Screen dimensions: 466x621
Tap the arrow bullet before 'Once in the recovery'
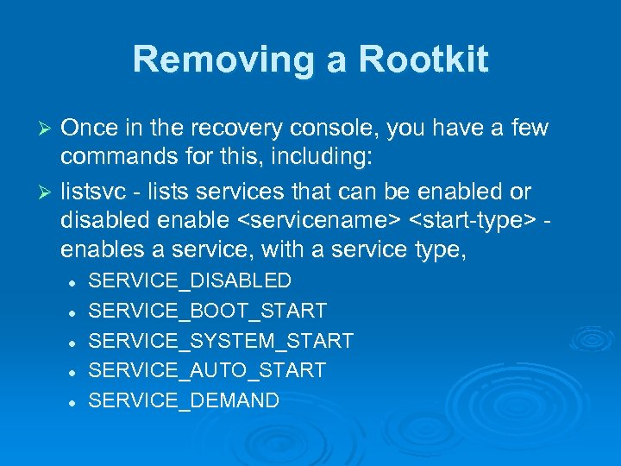point(47,129)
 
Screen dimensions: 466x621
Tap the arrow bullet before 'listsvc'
point(47,191)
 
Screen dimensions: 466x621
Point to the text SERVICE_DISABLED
point(191,280)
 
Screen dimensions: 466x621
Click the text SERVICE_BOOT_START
point(208,311)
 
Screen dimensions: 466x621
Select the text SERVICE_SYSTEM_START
point(221,341)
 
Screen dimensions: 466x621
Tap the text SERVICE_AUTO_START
point(207,371)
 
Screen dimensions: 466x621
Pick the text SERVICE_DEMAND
point(184,400)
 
